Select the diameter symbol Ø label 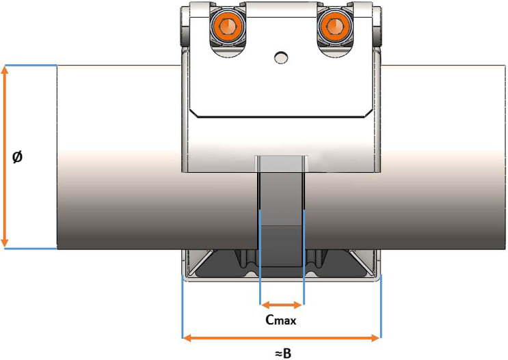point(18,156)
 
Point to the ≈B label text point(282,352)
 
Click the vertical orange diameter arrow point(5,156)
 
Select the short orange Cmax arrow point(282,305)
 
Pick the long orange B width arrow point(281,337)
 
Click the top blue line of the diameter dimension point(31,65)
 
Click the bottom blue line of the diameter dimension point(31,249)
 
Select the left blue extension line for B point(183,307)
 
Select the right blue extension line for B point(380,307)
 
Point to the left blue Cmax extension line point(260,260)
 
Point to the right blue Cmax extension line point(304,260)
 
